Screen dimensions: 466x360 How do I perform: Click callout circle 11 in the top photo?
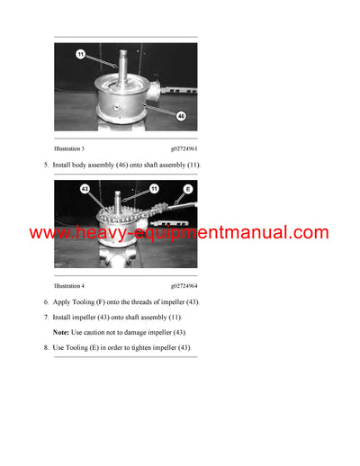click(x=80, y=55)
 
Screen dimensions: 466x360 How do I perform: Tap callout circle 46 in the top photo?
click(x=181, y=115)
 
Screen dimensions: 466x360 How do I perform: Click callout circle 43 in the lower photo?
click(x=85, y=190)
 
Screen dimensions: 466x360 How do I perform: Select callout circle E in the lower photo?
click(x=188, y=190)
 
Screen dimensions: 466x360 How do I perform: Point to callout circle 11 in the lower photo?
click(x=153, y=190)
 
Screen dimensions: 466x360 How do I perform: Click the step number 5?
click(x=46, y=165)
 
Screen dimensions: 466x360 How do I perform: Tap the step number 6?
click(x=46, y=302)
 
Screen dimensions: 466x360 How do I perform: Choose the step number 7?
click(x=46, y=318)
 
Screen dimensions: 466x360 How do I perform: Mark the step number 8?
click(x=46, y=348)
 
